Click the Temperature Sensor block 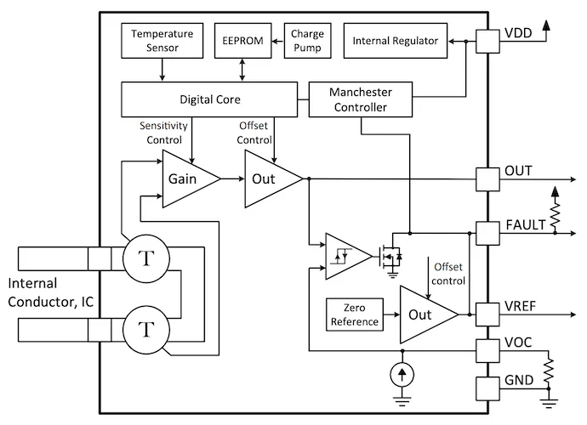coord(162,42)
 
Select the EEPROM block coord(243,41)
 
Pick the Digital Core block coord(208,99)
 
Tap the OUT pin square coord(487,178)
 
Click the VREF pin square coord(487,314)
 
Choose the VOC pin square coord(487,349)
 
